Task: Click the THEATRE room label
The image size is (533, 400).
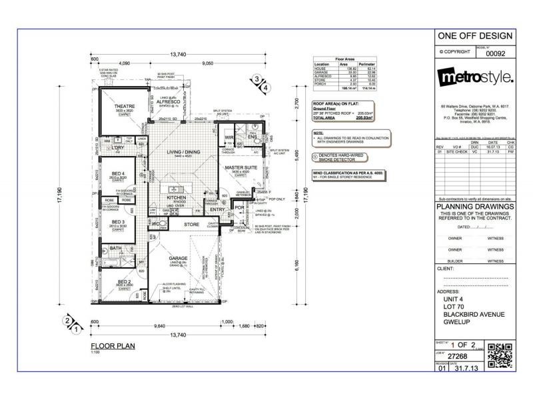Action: [125, 106]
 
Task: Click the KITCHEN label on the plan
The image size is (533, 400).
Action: [176, 198]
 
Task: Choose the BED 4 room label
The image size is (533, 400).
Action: [119, 174]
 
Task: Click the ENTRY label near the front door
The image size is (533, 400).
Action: [218, 209]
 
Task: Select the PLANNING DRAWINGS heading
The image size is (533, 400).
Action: [475, 207]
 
